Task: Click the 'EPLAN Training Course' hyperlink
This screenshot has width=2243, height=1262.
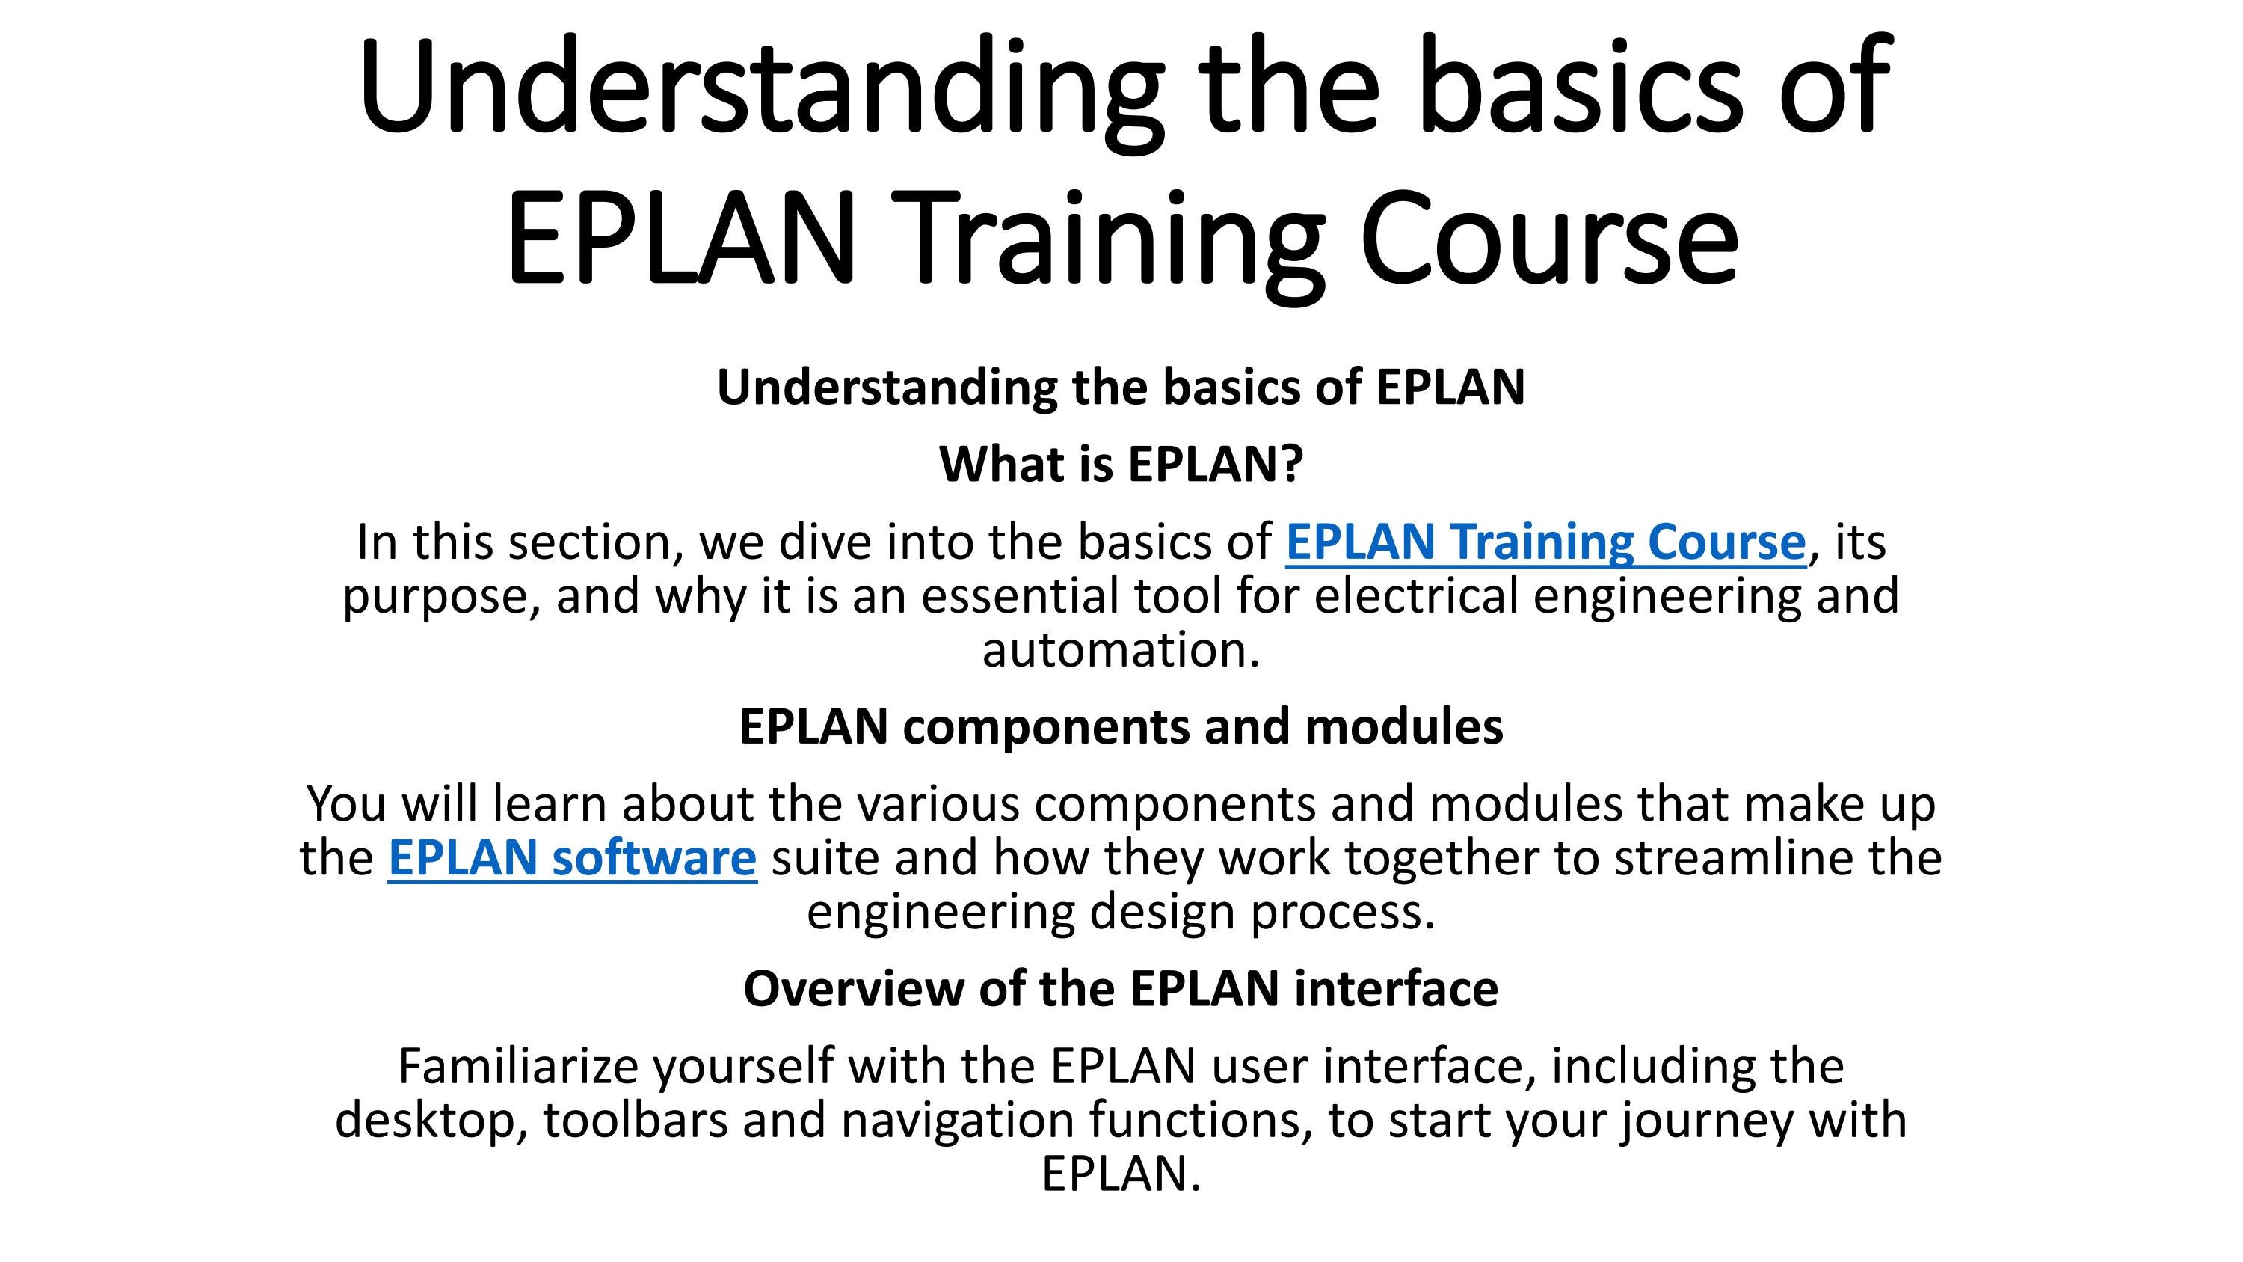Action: pos(1545,542)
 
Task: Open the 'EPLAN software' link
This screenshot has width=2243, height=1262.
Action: pos(572,858)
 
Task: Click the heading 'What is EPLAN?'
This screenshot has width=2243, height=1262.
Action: pos(1121,465)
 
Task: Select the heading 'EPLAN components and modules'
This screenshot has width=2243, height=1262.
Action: pos(1121,726)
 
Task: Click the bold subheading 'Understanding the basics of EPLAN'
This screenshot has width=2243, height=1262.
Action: pos(1121,387)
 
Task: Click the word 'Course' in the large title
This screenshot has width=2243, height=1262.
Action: pos(1548,237)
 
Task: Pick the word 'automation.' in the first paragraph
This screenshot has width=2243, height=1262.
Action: pos(1121,650)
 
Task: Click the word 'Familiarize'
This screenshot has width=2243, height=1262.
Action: pos(518,1066)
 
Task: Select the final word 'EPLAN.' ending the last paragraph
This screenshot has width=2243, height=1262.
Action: pos(1121,1174)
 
